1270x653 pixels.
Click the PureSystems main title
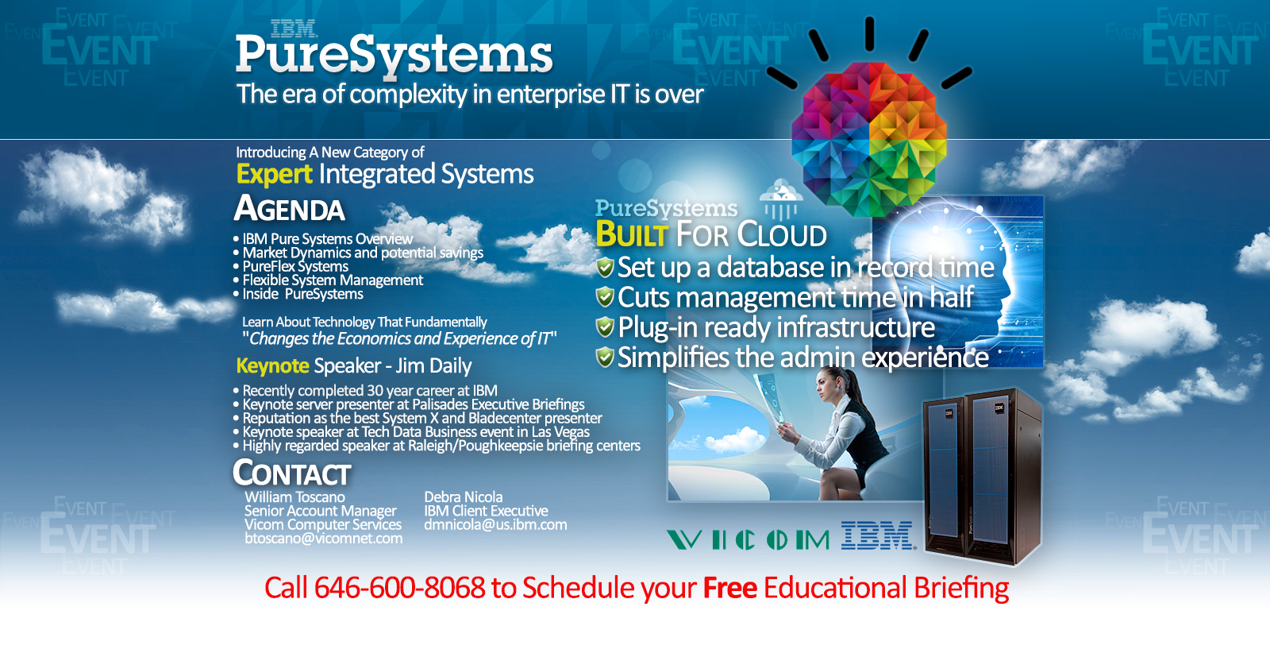tap(394, 56)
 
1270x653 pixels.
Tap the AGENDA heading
tap(289, 208)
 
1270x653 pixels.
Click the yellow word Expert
tap(274, 174)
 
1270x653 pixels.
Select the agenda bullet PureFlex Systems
tap(295, 266)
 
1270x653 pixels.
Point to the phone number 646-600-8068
tap(400, 587)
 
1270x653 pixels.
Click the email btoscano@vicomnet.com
tap(324, 538)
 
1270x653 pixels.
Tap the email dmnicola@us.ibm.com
tap(495, 524)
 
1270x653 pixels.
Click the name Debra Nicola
tap(464, 497)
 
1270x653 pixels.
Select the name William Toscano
tap(294, 497)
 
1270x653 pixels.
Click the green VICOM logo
tap(748, 539)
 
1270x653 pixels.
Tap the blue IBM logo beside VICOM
tap(877, 535)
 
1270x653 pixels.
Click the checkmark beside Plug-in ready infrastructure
tap(605, 326)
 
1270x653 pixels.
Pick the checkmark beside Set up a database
tap(605, 267)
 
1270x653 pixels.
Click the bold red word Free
tap(729, 588)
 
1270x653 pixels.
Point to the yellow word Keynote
tap(272, 366)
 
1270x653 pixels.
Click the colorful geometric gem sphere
tap(868, 139)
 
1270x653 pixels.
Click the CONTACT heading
tap(292, 473)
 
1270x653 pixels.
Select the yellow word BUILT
tap(632, 234)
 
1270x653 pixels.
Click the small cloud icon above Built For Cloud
tap(781, 199)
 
